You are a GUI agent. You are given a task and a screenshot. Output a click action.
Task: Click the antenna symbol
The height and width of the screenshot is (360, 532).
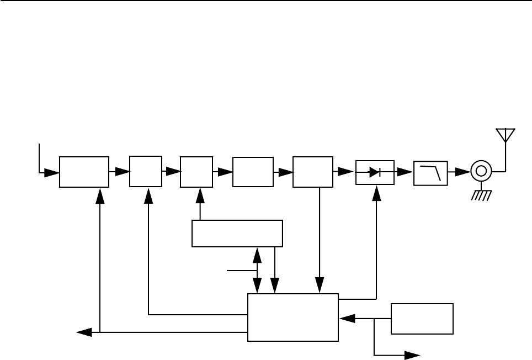(x=505, y=136)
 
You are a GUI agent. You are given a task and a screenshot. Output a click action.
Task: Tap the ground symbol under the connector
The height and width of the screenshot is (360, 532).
(x=481, y=195)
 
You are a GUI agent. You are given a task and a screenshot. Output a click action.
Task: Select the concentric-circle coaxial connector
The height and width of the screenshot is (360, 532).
(x=481, y=172)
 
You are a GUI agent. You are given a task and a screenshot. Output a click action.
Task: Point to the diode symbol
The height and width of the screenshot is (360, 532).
(x=375, y=172)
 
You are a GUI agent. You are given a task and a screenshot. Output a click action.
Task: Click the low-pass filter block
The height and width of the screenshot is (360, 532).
(x=430, y=172)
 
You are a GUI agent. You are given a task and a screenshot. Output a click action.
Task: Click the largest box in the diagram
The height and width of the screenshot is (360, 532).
(x=292, y=317)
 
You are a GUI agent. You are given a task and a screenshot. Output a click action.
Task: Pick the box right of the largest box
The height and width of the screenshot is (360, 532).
(x=422, y=319)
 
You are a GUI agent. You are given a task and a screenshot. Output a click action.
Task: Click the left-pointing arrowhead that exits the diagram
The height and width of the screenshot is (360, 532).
(x=84, y=332)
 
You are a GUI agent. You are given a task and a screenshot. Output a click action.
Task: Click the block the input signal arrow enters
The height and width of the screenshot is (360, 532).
(x=84, y=172)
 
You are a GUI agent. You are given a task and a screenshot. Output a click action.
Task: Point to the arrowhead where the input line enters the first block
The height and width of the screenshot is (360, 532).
(x=52, y=172)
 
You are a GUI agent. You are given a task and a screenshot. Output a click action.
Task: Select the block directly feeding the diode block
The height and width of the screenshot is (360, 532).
(x=313, y=172)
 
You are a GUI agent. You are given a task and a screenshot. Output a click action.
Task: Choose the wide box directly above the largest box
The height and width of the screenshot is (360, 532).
(x=237, y=234)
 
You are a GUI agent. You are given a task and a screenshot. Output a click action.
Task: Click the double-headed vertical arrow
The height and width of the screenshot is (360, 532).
(x=257, y=271)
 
